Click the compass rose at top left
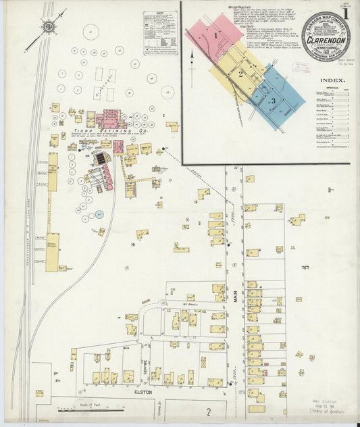49,27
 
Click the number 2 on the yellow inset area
240,72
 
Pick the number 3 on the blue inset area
273,101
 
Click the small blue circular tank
99,215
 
